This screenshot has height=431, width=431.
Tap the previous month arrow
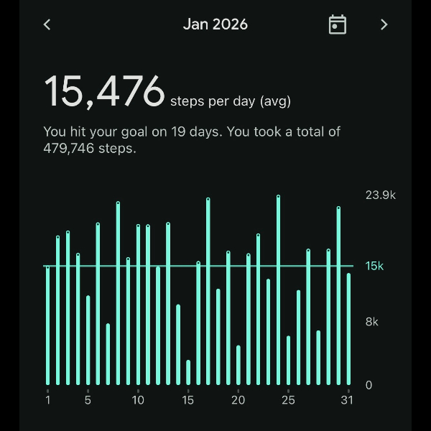click(47, 24)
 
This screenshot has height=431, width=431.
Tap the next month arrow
click(384, 24)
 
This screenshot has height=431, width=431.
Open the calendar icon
click(337, 24)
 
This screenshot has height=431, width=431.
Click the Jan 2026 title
click(215, 24)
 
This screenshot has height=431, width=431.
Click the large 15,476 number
click(105, 92)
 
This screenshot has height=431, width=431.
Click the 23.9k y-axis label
click(381, 195)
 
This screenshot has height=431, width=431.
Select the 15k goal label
click(374, 266)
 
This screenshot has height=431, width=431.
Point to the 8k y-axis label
click(371, 322)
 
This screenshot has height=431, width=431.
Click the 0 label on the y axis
click(369, 385)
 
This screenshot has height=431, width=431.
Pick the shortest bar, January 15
click(188, 372)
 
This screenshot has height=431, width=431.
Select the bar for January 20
click(238, 366)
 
